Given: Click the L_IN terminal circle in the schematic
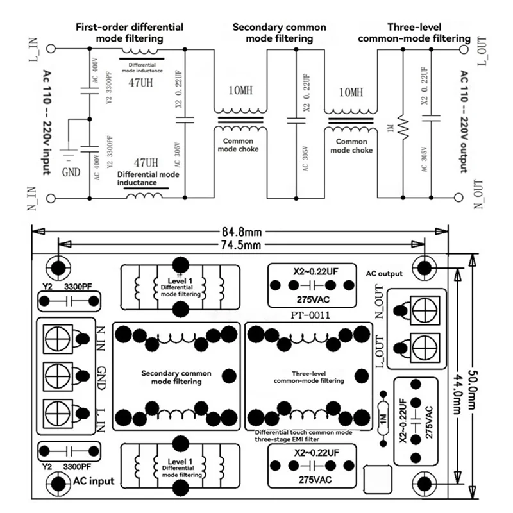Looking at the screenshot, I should coord(50,48).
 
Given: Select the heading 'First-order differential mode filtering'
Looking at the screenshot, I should coord(129,33).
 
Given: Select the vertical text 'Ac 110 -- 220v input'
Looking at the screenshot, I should coord(48,122).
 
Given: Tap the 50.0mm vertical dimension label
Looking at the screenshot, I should coord(473,378).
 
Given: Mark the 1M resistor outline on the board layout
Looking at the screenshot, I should coord(383,417).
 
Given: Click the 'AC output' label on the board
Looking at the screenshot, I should coord(385,273).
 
